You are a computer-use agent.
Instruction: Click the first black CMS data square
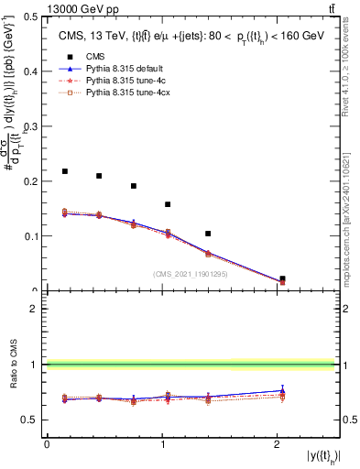click(65, 171)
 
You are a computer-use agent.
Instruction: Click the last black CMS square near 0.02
click(282, 278)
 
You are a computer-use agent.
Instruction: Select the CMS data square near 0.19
click(134, 186)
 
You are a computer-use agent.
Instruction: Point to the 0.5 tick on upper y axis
click(34, 16)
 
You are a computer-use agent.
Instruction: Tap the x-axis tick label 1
click(162, 443)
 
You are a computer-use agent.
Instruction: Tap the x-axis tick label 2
click(278, 443)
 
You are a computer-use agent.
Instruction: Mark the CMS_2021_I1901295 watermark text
click(190, 274)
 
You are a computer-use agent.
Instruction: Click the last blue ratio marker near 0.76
click(282, 391)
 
